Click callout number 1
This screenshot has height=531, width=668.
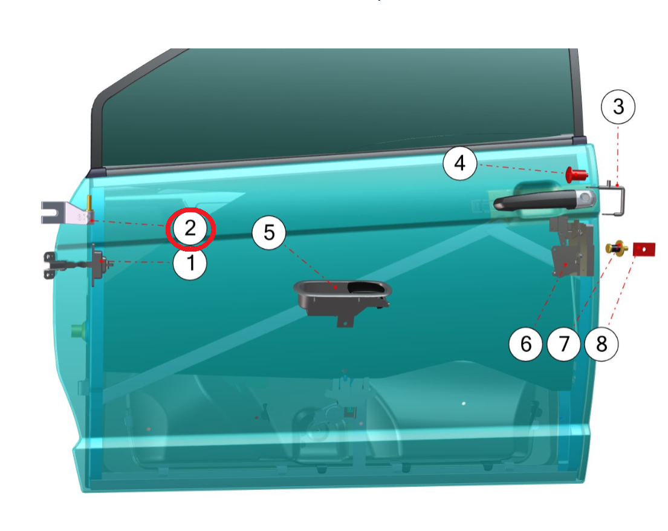[x=190, y=263]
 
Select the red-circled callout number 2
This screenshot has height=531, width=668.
[x=190, y=229]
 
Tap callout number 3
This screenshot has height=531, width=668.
[x=618, y=106]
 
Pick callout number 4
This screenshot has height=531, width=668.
[x=459, y=163]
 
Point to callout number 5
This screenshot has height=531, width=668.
[x=269, y=232]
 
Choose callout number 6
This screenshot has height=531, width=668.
[x=526, y=344]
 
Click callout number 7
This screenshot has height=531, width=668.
[x=563, y=344]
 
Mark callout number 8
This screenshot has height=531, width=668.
[x=601, y=344]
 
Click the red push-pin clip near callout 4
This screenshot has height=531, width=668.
[x=576, y=174]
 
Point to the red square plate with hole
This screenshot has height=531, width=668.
[x=644, y=249]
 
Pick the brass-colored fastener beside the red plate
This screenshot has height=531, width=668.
[x=617, y=248]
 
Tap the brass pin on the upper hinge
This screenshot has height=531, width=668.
[x=89, y=203]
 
